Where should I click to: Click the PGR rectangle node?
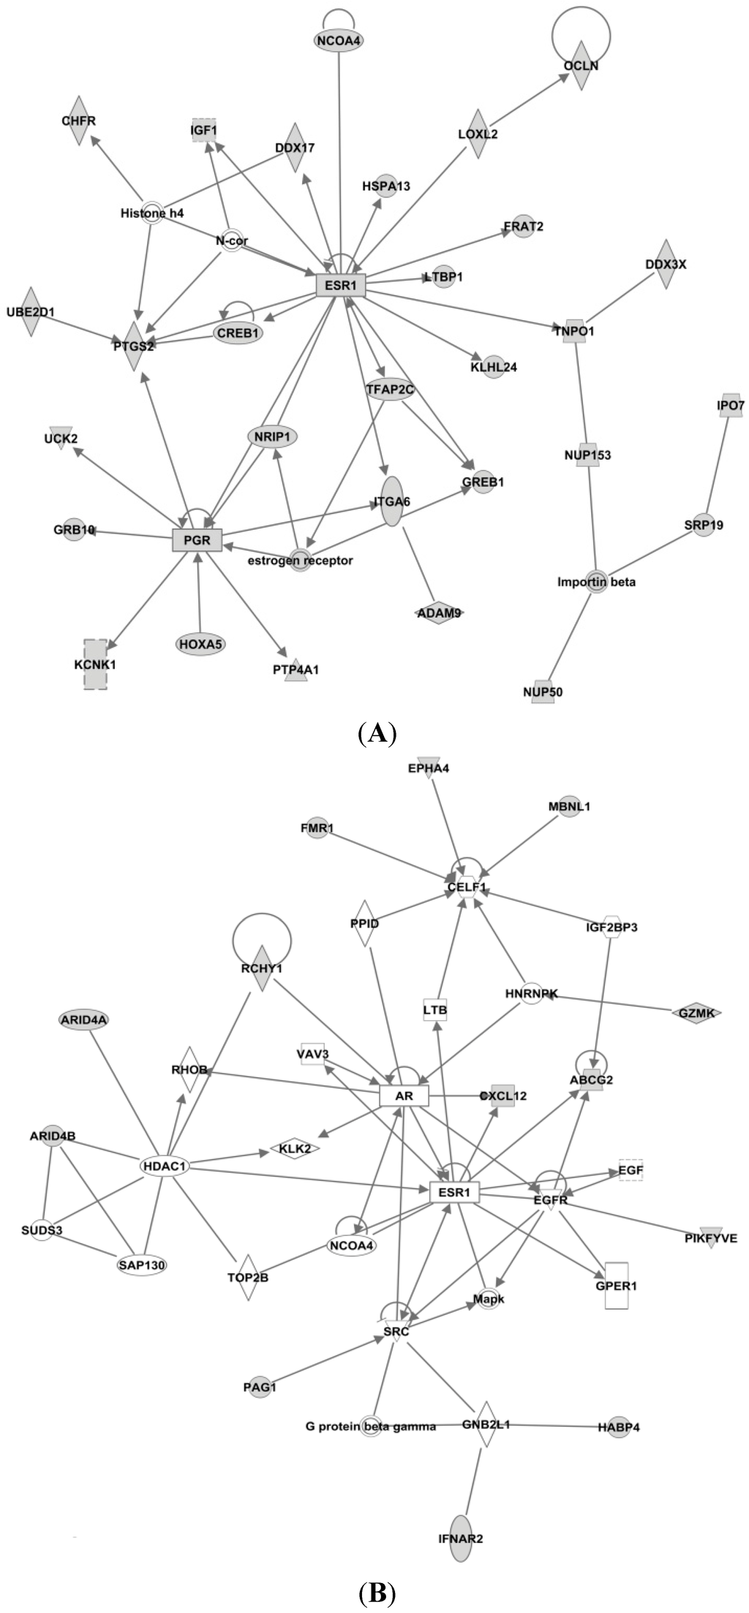197,540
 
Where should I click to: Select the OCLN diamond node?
581,66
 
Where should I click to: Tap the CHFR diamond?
79,120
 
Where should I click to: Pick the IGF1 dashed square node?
204,130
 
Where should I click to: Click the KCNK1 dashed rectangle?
95,664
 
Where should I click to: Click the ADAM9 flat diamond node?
440,612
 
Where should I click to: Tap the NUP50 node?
543,691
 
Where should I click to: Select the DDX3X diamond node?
666,264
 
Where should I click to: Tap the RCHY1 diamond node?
261,968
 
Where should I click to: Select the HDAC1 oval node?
164,1166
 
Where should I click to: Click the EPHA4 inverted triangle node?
430,767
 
